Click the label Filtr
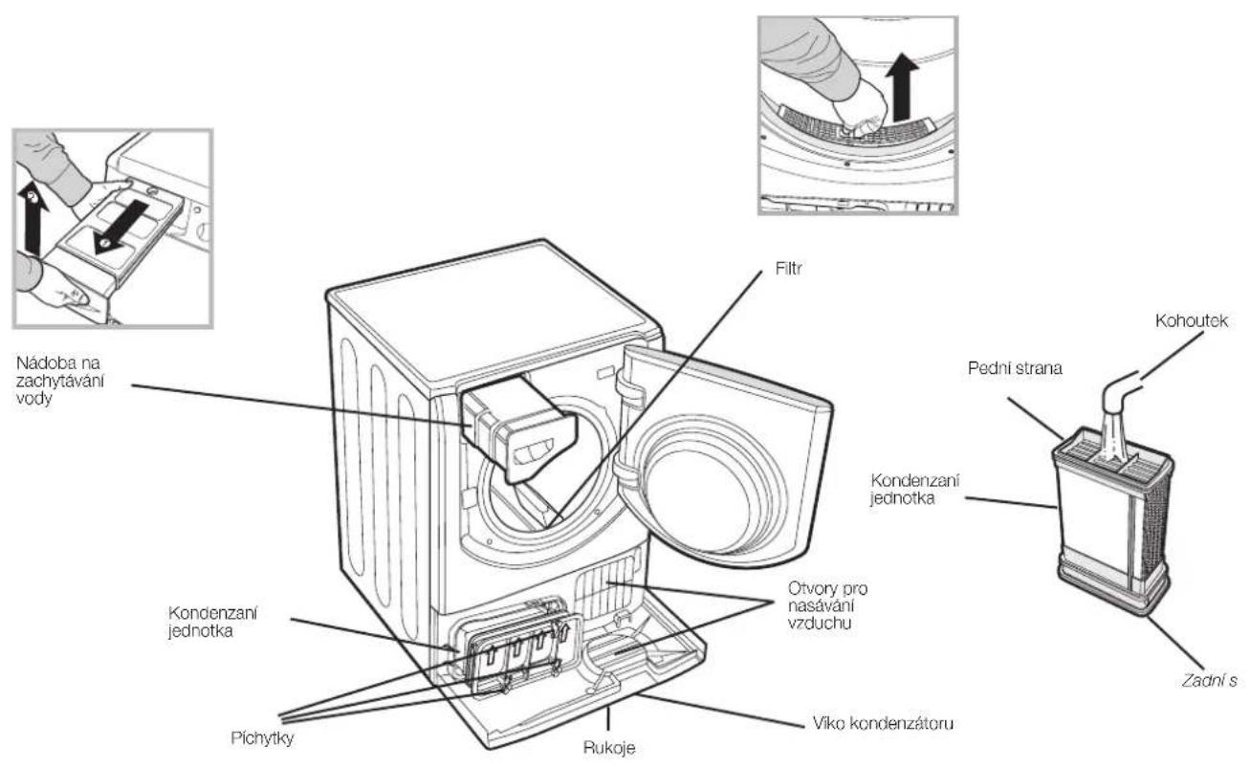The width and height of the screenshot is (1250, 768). (x=788, y=269)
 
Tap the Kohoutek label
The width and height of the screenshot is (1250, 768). (x=1192, y=321)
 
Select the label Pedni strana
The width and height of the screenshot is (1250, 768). (x=1015, y=368)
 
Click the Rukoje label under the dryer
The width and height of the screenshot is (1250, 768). (x=609, y=748)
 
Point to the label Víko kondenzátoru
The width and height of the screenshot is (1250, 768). (x=883, y=724)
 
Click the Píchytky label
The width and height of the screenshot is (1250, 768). (x=262, y=738)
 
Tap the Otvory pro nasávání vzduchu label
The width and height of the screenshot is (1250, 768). (x=827, y=605)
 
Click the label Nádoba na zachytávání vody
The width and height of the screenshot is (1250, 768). (x=60, y=381)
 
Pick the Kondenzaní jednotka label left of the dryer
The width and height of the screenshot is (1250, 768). (x=212, y=623)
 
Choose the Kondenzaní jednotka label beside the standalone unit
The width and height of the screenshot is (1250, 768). (x=915, y=490)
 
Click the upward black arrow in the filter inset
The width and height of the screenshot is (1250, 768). (x=902, y=88)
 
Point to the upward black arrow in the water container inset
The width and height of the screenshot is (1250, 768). (x=33, y=219)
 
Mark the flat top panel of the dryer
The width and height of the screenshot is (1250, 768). (x=493, y=313)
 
